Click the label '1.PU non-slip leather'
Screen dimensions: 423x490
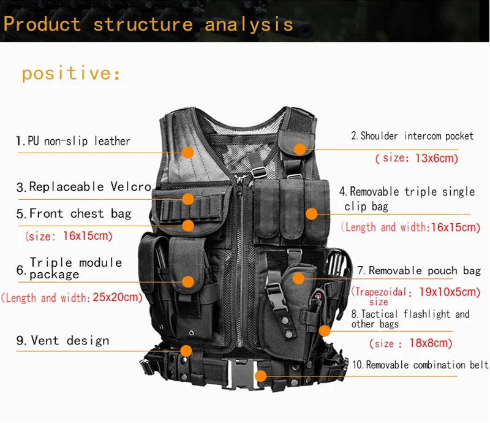(73, 141)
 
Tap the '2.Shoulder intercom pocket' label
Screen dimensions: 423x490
(412, 136)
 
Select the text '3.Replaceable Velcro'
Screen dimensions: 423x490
(84, 187)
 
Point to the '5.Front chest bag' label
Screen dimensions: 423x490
(74, 213)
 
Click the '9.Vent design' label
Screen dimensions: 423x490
(63, 340)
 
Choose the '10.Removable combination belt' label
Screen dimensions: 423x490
(420, 365)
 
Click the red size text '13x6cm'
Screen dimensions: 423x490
(437, 158)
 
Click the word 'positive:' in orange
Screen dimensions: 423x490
(71, 74)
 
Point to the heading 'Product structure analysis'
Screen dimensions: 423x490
(148, 25)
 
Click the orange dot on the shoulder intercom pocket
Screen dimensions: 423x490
(299, 149)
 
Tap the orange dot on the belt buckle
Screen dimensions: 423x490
(261, 376)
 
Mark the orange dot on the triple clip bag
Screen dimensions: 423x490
(312, 214)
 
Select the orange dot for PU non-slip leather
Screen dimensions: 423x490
(188, 152)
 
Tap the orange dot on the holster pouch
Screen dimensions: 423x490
(298, 278)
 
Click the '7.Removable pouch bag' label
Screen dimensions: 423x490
(419, 270)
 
